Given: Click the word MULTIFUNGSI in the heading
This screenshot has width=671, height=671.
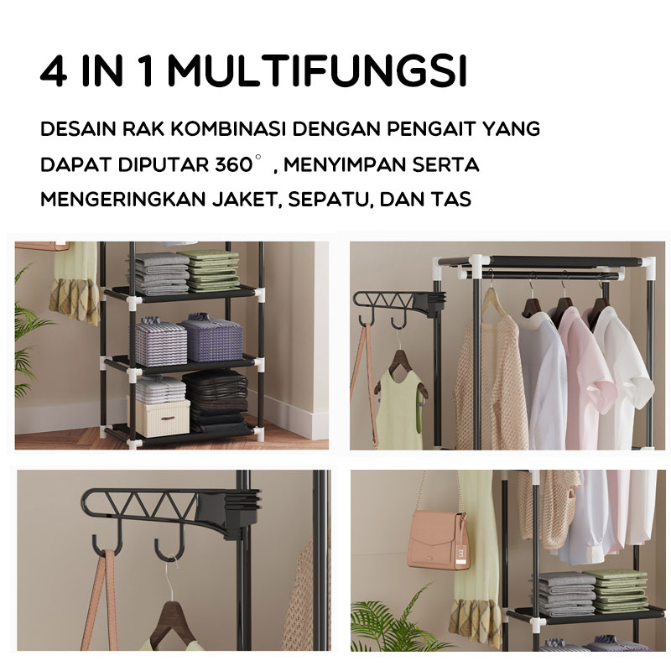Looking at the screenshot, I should pos(316,73).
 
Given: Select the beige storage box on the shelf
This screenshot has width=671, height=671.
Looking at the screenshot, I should pos(163,417).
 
